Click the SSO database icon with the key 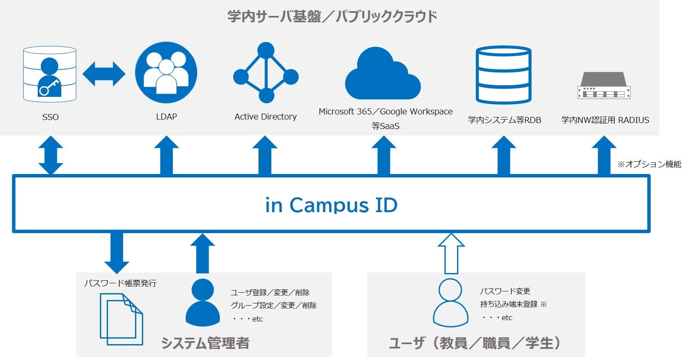[x=50, y=74]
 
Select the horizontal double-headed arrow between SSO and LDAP [x=104, y=74]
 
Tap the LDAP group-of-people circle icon [x=166, y=72]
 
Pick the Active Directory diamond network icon [x=266, y=73]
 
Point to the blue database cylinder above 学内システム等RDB [x=504, y=75]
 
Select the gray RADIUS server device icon [x=604, y=85]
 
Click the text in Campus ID [x=331, y=205]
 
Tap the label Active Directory [x=265, y=117]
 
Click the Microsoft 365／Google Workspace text [x=385, y=111]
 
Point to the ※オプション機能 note [x=649, y=164]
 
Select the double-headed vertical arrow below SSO [x=51, y=155]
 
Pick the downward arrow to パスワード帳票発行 [x=117, y=252]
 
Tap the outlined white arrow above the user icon [x=451, y=253]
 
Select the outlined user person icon [x=450, y=303]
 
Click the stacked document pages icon [x=121, y=319]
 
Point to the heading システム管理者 [x=205, y=343]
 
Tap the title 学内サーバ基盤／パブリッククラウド [x=332, y=17]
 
